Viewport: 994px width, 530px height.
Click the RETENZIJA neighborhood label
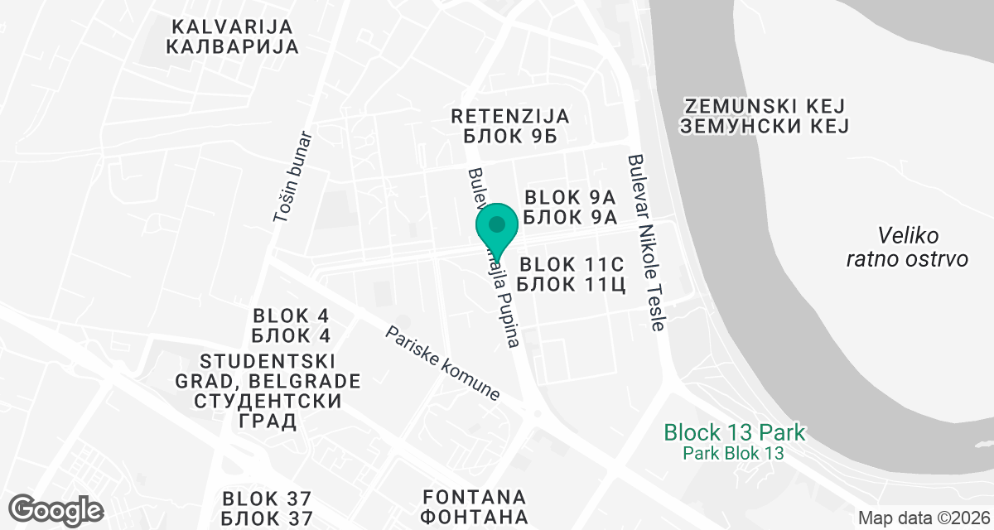click(x=509, y=116)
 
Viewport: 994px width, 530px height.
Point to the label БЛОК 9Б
click(x=509, y=137)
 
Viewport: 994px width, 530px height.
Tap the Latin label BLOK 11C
click(x=570, y=265)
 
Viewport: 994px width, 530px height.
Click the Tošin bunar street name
click(x=292, y=176)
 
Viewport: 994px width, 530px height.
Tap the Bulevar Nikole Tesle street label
click(x=646, y=243)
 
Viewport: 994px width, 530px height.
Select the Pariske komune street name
click(x=443, y=364)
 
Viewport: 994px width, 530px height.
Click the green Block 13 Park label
click(x=734, y=432)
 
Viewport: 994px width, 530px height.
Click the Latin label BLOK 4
click(x=292, y=316)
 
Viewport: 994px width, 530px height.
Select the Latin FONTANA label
click(x=475, y=497)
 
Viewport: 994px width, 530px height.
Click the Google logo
click(x=56, y=508)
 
